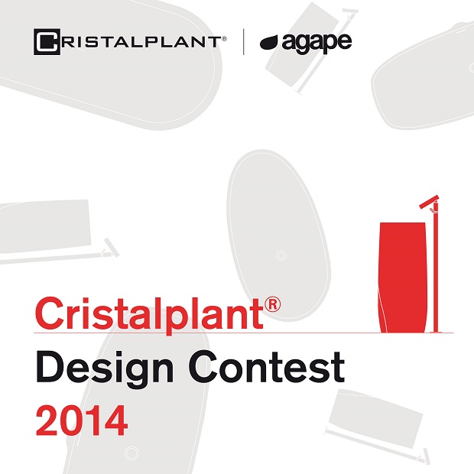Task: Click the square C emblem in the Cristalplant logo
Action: pos(47,42)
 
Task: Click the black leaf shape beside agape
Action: pos(270,43)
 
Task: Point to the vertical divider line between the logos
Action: pos(244,42)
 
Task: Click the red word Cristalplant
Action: pos(149,315)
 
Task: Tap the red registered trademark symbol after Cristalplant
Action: pos(272,304)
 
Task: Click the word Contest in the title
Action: pos(267,367)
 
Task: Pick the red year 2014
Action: pos(82,420)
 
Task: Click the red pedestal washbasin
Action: pos(402,278)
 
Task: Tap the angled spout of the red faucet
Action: pos(429,201)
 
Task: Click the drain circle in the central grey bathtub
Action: pos(281,256)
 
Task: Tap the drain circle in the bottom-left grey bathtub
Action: pos(131,453)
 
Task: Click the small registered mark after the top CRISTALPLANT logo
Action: pos(224,39)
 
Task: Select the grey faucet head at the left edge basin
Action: pos(111,248)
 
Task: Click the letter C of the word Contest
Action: pos(205,367)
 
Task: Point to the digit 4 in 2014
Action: pos(115,420)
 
